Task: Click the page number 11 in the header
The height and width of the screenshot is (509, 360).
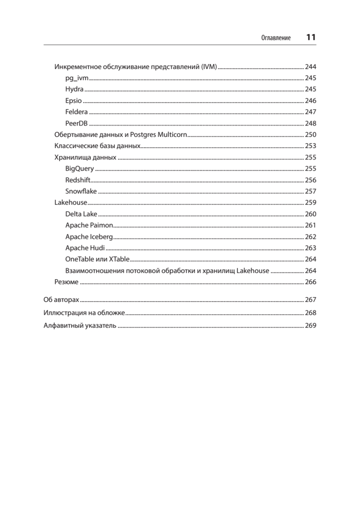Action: [x=311, y=37]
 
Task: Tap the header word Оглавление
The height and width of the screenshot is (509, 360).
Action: [x=276, y=38]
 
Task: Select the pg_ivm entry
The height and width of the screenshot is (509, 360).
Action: [x=77, y=78]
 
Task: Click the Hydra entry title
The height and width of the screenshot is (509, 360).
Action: [x=75, y=89]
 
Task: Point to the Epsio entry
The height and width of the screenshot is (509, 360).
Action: [x=73, y=101]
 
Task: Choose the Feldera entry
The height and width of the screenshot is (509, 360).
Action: [x=77, y=112]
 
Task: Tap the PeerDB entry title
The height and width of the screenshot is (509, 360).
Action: [x=77, y=123]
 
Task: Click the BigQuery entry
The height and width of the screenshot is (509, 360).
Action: [x=80, y=168]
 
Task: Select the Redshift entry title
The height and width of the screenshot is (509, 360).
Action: [x=78, y=180]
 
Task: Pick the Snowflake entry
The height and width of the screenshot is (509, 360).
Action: [x=81, y=191]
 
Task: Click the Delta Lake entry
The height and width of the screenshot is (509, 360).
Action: [x=81, y=214]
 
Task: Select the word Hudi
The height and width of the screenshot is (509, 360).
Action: [x=98, y=248]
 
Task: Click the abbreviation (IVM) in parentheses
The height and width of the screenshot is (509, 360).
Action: [x=209, y=67]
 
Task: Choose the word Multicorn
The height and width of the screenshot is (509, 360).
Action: [x=173, y=135]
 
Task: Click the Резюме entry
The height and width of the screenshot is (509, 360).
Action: [x=66, y=282]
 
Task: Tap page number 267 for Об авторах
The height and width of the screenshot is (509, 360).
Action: [x=311, y=299]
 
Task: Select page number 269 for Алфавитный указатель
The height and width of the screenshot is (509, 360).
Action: [x=311, y=326]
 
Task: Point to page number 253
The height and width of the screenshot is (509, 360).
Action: [x=311, y=146]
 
